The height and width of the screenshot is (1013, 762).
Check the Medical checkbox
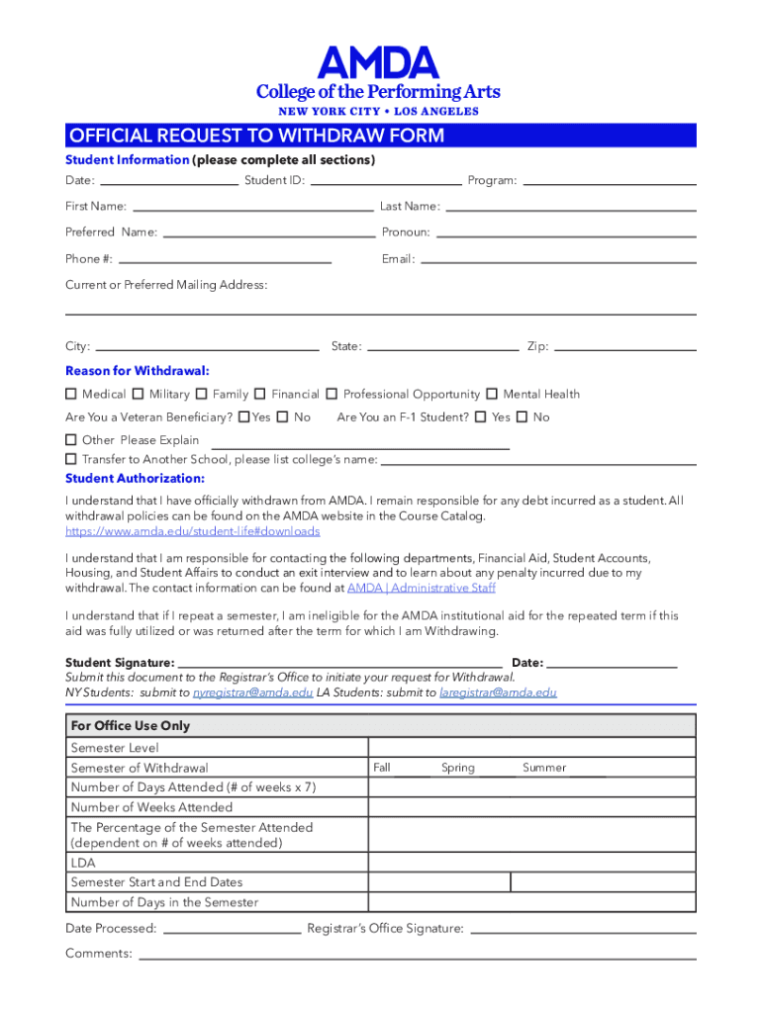(x=71, y=394)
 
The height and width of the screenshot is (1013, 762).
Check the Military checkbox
(x=139, y=394)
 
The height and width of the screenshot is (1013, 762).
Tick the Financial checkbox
(x=260, y=394)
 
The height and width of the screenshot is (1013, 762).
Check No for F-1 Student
(x=522, y=417)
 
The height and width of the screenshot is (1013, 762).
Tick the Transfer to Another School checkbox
(x=71, y=459)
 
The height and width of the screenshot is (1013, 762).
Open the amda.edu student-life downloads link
(x=192, y=531)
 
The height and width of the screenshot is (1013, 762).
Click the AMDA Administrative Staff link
(x=421, y=588)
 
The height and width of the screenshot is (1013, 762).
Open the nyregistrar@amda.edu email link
(x=252, y=692)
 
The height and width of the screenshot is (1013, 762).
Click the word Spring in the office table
(x=458, y=768)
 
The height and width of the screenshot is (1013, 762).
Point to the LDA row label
(x=83, y=863)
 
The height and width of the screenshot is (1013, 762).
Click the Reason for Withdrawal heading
(x=138, y=371)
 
